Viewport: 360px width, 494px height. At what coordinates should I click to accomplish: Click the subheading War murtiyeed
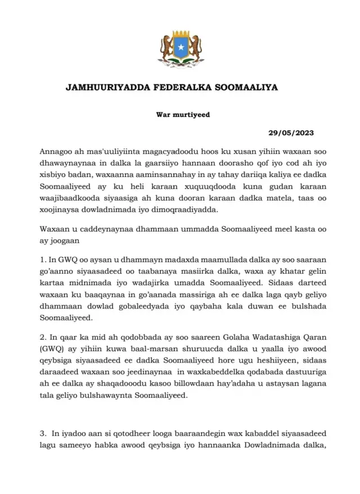point(179,115)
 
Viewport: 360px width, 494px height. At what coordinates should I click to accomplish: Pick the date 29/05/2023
point(291,133)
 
